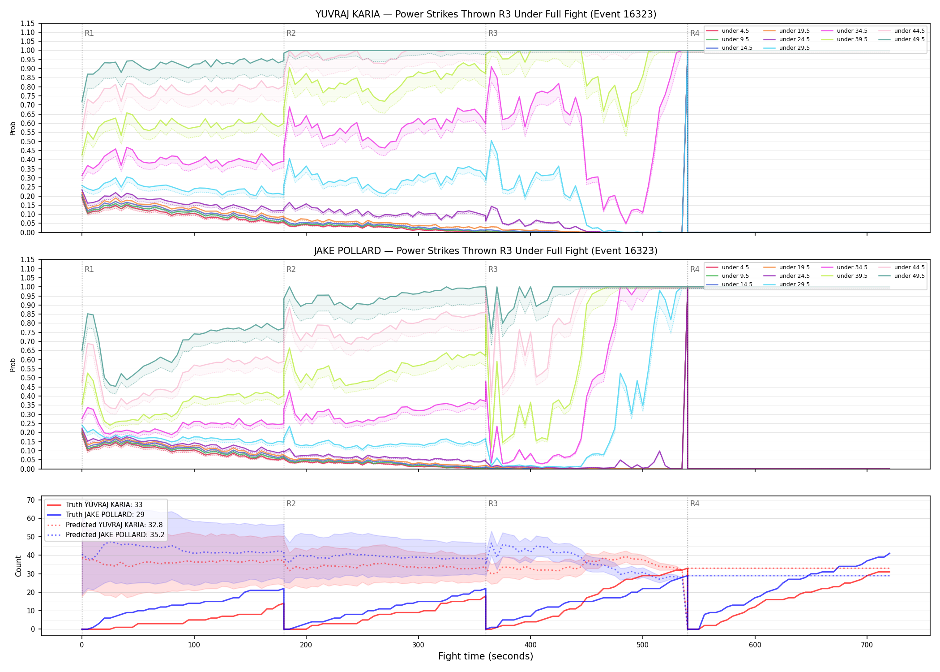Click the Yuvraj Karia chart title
click(x=486, y=14)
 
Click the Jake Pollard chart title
click(x=486, y=251)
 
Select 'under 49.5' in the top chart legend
click(x=909, y=39)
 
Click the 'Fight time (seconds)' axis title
click(x=486, y=656)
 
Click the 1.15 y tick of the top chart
click(x=27, y=23)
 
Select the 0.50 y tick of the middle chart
click(x=27, y=378)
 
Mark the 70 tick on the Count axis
click(x=31, y=500)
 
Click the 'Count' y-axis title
click(x=18, y=566)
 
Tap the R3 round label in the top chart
click(x=493, y=33)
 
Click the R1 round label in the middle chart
click(x=89, y=269)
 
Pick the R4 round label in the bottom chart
click(x=695, y=504)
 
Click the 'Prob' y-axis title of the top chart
click(x=13, y=128)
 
